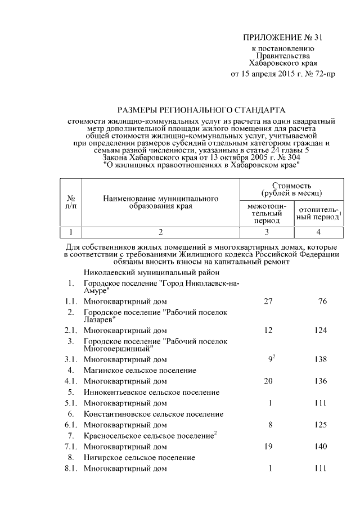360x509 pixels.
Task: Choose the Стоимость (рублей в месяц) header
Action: click(292, 189)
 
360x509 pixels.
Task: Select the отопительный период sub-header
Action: click(318, 213)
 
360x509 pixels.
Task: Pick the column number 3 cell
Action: click(267, 231)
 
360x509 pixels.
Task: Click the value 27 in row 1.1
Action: click(268, 301)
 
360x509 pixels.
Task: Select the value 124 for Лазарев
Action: click(321, 330)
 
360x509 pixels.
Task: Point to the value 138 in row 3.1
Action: click(321, 359)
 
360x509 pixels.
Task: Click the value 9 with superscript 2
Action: click(271, 359)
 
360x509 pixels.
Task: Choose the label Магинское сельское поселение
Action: click(139, 370)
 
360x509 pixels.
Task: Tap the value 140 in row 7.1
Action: click(321, 447)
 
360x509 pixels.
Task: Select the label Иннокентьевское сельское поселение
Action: click(151, 392)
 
